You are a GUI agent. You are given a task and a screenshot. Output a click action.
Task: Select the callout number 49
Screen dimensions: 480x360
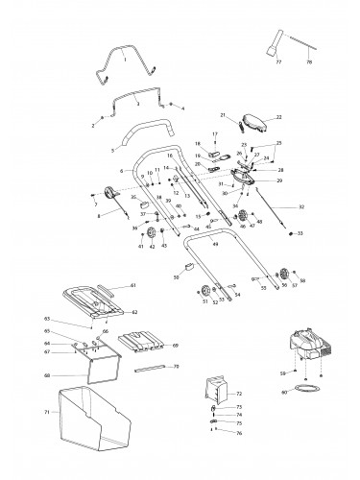(215, 245)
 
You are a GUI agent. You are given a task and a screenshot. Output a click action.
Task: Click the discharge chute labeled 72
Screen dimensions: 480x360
(219, 389)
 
